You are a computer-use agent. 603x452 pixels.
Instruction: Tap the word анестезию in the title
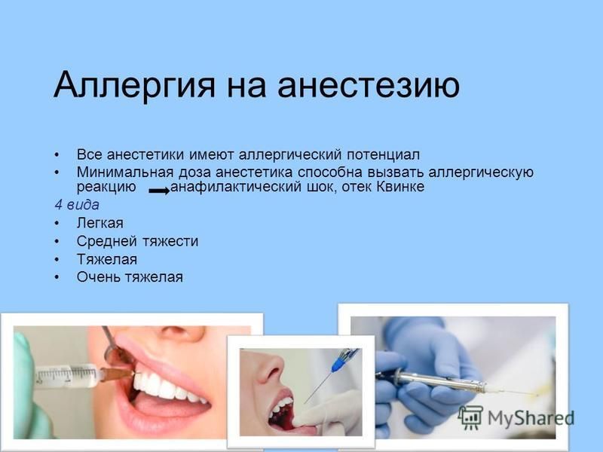pos(369,85)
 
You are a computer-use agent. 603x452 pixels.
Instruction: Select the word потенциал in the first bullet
pos(383,154)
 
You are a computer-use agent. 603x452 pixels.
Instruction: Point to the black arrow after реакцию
pos(159,191)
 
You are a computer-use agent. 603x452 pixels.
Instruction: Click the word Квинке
pos(400,187)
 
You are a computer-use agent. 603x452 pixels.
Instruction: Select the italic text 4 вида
pos(77,205)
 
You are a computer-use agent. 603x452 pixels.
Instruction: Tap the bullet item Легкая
pos(100,223)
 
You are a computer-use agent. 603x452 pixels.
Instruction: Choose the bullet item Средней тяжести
pos(137,241)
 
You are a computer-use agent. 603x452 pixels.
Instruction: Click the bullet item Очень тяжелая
pos(130,277)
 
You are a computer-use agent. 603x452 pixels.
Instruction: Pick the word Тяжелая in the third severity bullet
pos(107,259)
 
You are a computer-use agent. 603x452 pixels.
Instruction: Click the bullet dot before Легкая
pos(57,223)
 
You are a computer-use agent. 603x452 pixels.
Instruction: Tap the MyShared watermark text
pos(531,418)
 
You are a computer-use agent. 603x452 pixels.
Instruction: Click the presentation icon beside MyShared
pos(470,417)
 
